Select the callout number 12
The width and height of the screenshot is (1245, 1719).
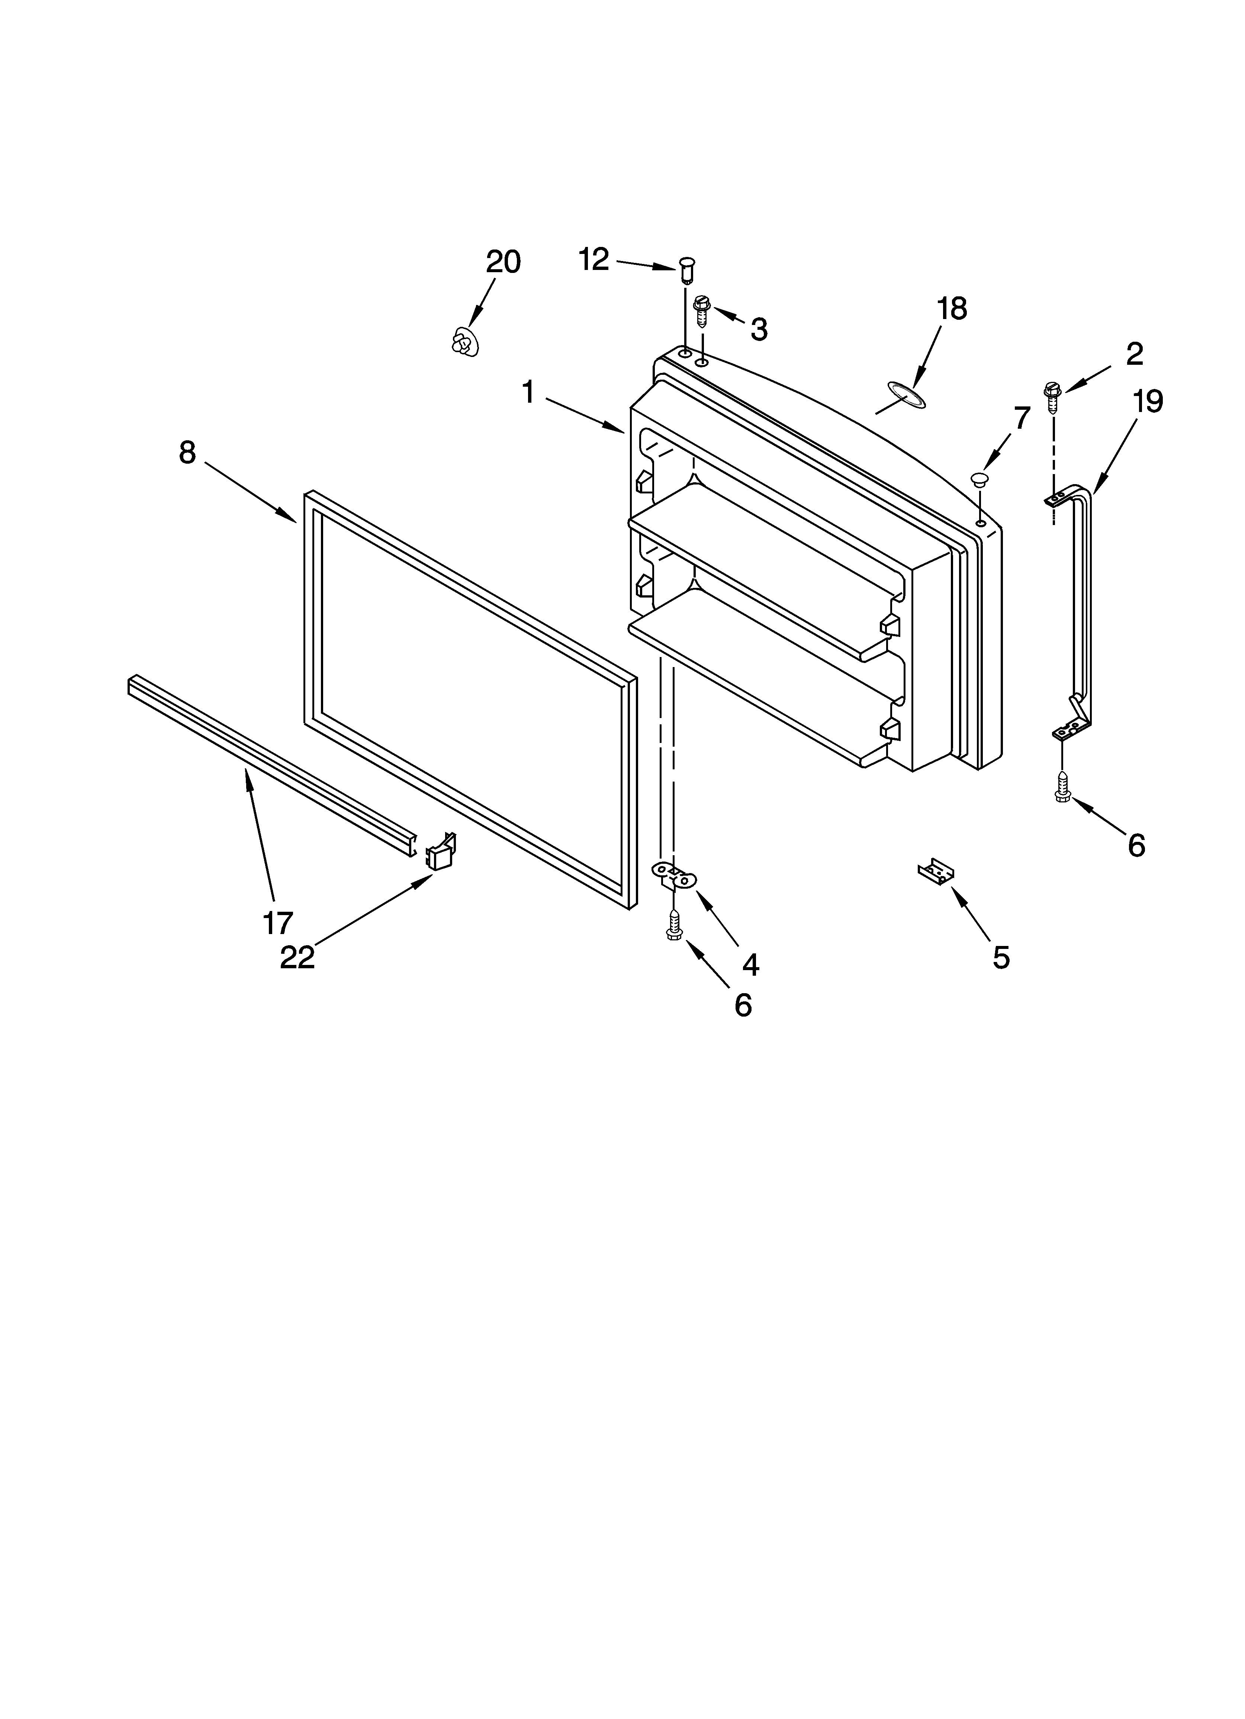click(594, 260)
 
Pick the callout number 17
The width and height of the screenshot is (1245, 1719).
click(277, 923)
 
